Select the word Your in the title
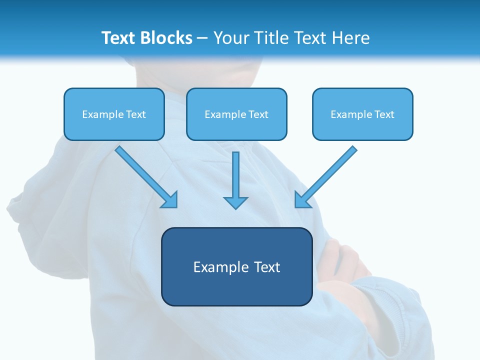232,38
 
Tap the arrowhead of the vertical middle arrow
235,202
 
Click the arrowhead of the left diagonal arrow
170,200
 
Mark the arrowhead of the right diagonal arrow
302,200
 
